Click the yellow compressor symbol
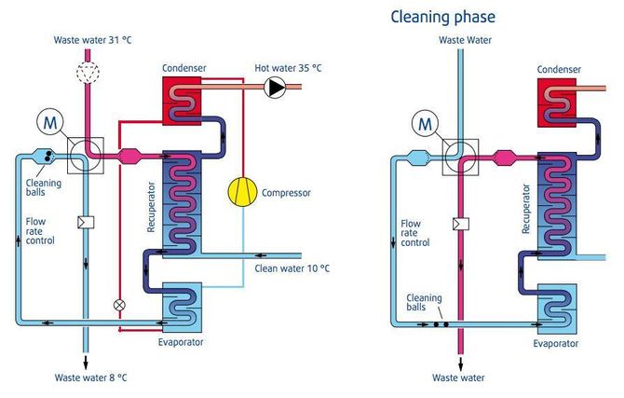(x=242, y=192)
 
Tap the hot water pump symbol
(x=275, y=88)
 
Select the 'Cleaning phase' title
(x=442, y=17)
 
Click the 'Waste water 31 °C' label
(x=92, y=40)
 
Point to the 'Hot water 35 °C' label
(x=288, y=68)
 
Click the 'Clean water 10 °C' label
(x=292, y=268)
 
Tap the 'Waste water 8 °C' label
(x=90, y=377)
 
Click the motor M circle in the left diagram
(x=50, y=123)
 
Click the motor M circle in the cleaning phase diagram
(x=426, y=124)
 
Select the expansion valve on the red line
(x=119, y=305)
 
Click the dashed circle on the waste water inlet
(x=88, y=72)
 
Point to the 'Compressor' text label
(x=286, y=193)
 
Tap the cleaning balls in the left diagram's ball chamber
(x=49, y=157)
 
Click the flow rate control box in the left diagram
(x=86, y=222)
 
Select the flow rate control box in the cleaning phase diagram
(x=461, y=224)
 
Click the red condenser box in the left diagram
(x=182, y=101)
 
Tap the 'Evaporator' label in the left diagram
(x=181, y=342)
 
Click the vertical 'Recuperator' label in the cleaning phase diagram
(x=526, y=209)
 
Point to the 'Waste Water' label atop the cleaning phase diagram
(x=465, y=40)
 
